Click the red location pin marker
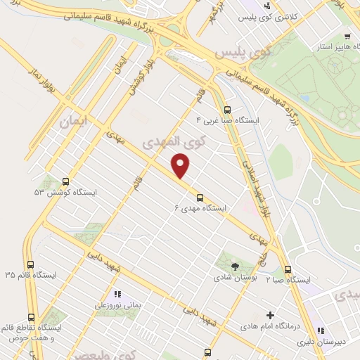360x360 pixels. click(x=181, y=165)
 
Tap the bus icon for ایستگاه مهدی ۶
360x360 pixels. click(x=200, y=197)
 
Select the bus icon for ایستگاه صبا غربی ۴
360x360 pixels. click(x=226, y=110)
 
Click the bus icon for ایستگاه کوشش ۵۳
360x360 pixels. click(x=66, y=181)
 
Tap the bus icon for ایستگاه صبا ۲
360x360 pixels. click(x=287, y=269)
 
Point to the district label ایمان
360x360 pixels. click(x=76, y=121)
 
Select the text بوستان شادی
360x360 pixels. click(x=235, y=278)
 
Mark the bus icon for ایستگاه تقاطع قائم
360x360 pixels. click(x=31, y=317)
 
